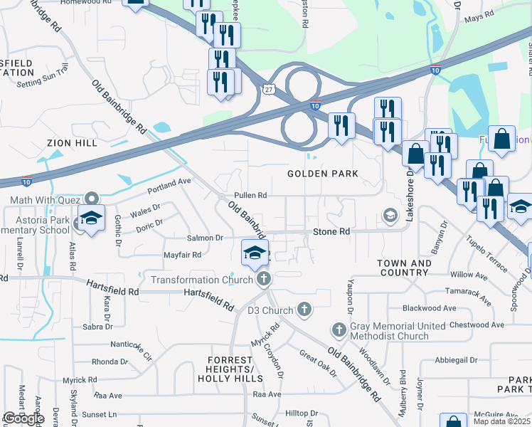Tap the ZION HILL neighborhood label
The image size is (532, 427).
(71, 143)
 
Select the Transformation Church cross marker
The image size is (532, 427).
(264, 279)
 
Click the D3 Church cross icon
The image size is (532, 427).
(304, 310)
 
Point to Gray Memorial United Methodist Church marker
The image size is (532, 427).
(339, 330)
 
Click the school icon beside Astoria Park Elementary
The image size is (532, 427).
(91, 218)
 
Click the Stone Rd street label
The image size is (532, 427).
(332, 232)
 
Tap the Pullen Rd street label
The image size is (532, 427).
(250, 196)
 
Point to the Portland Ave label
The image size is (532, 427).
(169, 186)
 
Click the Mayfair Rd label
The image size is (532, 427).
(182, 254)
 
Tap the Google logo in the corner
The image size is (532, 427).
(23, 418)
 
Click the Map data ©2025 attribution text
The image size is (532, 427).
(501, 421)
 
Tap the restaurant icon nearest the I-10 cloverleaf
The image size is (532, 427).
(341, 125)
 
